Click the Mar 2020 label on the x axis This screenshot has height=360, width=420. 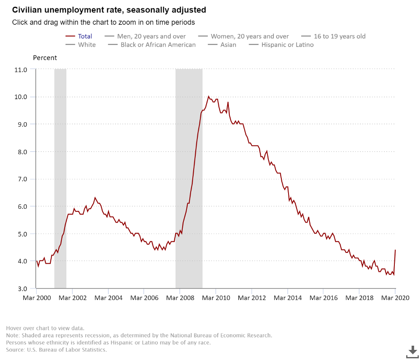[395, 298]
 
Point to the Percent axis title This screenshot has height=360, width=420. [45, 58]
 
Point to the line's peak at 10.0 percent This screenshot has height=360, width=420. [209, 97]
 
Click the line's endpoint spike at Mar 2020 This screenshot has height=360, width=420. [395, 250]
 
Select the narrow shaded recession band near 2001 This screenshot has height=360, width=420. [60, 176]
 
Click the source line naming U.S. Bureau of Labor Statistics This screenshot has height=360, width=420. [57, 349]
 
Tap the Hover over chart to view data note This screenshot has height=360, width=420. [45, 328]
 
